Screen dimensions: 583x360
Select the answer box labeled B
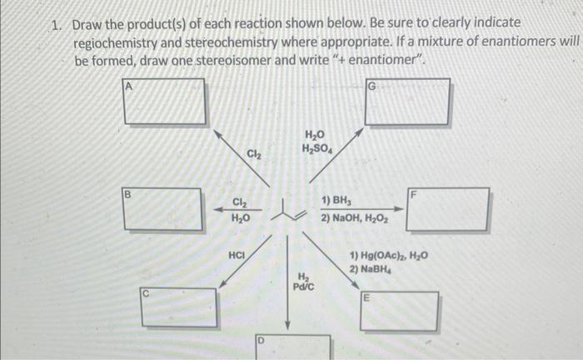(163, 209)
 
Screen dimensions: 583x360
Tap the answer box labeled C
(178, 307)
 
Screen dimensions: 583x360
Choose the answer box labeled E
(399, 312)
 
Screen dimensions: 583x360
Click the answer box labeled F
(448, 209)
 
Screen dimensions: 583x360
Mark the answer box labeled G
(407, 102)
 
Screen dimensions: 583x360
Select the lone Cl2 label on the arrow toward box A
(254, 153)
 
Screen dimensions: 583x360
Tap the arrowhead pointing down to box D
(288, 327)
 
